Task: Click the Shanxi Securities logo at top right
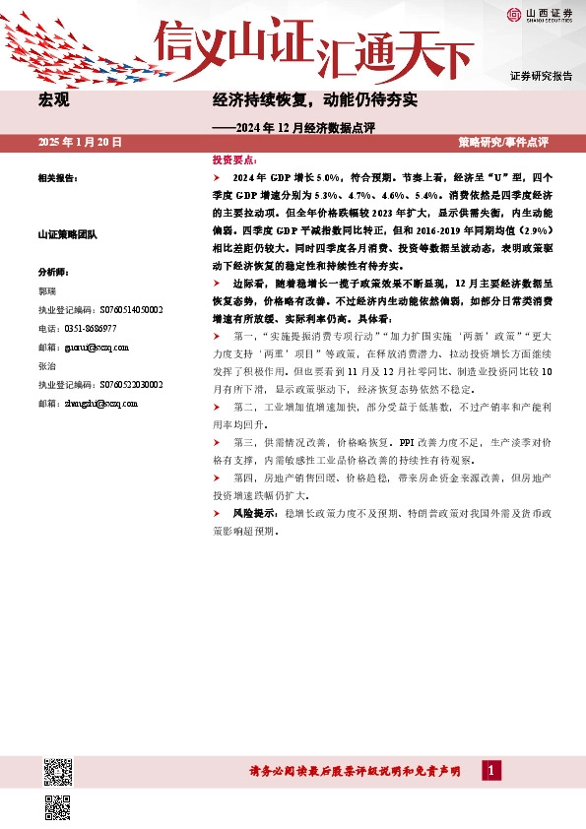point(541,14)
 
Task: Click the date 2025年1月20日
point(79,143)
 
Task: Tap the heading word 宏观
point(53,100)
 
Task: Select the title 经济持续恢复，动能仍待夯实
point(315,100)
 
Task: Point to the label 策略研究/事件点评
point(503,143)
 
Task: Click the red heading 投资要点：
point(235,159)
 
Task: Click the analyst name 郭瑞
point(46,291)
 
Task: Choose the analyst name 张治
point(46,365)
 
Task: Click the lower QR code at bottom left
point(57,806)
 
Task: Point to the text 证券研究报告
point(541,76)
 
